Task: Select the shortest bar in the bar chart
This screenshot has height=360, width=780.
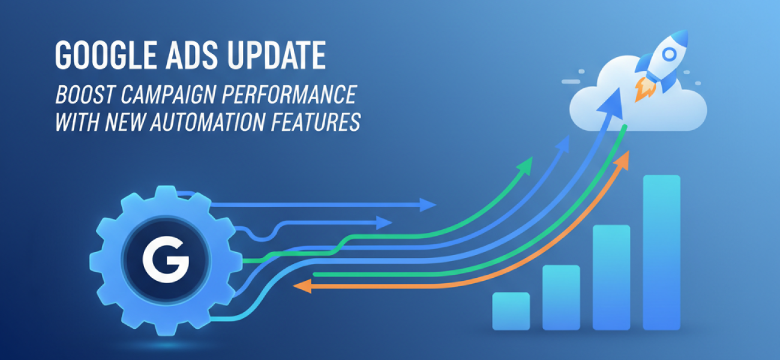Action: [x=511, y=311]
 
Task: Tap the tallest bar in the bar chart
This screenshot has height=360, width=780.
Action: [x=662, y=252]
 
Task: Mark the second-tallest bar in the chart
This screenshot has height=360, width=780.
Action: [x=611, y=277]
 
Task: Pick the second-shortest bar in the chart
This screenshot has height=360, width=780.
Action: [x=561, y=297]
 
